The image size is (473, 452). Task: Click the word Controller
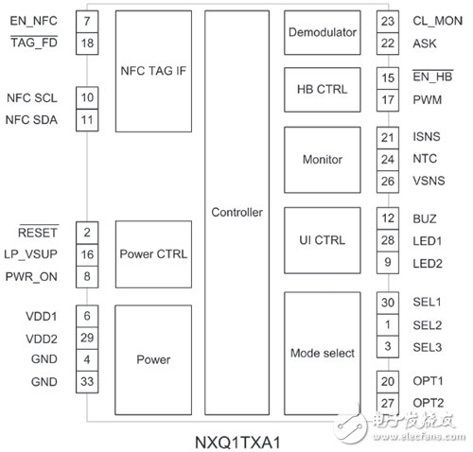point(236,212)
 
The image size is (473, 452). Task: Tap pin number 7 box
point(86,20)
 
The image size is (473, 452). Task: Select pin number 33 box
point(86,382)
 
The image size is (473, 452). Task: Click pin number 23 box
point(386,20)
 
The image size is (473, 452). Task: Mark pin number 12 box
point(386,218)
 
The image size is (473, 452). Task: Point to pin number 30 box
point(386,302)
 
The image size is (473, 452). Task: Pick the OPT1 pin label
point(428,381)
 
